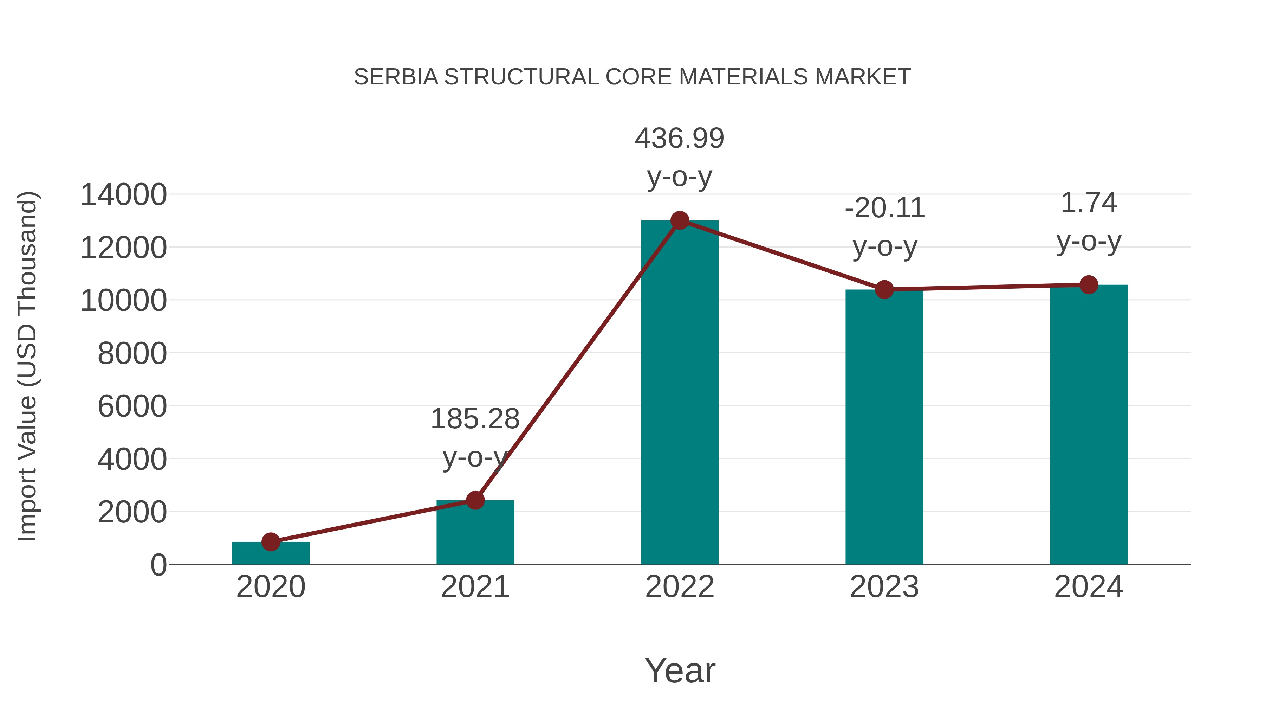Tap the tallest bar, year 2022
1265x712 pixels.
point(680,393)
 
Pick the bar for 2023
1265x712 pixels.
point(884,428)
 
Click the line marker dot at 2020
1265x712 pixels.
point(271,542)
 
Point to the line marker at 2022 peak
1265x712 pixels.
point(680,220)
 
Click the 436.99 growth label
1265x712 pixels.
point(680,138)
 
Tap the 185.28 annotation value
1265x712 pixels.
point(475,419)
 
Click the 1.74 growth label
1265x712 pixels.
point(1089,203)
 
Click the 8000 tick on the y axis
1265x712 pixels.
point(132,353)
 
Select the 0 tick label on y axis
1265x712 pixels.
point(158,565)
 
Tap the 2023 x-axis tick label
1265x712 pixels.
point(884,587)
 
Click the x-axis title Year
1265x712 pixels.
point(680,671)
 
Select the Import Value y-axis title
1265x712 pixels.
point(27,366)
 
